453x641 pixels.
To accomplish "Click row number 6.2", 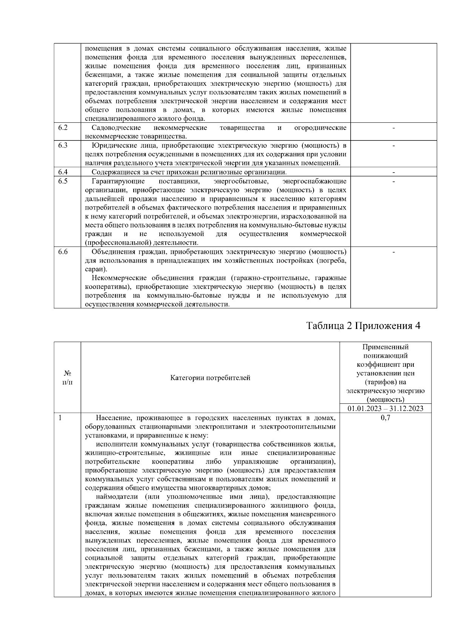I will [63, 128].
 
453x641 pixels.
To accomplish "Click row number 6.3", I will [63, 145].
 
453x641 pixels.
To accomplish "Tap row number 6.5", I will [63, 181].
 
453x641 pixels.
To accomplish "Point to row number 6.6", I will [63, 252].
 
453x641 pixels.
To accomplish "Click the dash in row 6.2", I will [394, 128].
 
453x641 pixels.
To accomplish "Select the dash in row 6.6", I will [394, 252].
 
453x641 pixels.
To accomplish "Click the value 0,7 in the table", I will [385, 418].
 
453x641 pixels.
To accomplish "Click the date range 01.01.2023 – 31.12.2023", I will [385, 408].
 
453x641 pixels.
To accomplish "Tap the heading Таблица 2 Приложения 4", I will [363, 326].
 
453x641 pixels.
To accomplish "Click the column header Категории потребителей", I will [210, 378].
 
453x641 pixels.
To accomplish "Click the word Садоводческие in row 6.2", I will [116, 128].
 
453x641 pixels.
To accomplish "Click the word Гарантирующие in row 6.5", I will [118, 181].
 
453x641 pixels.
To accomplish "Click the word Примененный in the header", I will [385, 347].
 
